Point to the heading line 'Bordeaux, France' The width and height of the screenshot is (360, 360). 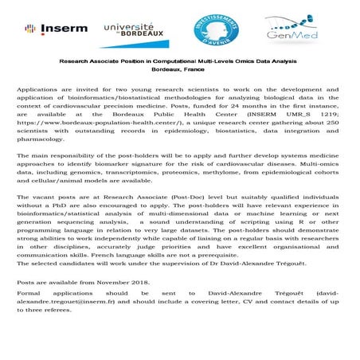(x=179, y=70)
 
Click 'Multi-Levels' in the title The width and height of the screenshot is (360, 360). (x=209, y=61)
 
